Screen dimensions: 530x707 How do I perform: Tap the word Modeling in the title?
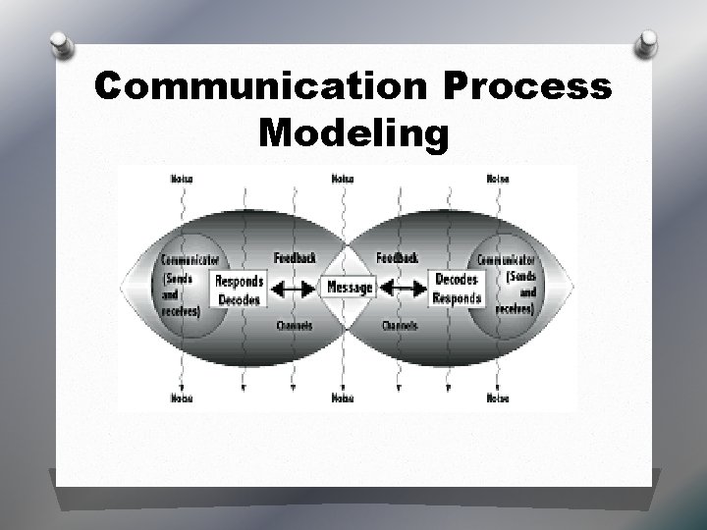pyautogui.click(x=353, y=132)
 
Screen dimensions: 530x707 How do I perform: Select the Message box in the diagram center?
pyautogui.click(x=349, y=288)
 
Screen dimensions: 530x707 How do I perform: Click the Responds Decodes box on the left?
pyautogui.click(x=238, y=289)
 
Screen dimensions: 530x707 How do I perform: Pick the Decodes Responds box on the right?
pyautogui.click(x=459, y=289)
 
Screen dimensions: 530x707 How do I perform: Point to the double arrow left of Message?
pyautogui.click(x=293, y=289)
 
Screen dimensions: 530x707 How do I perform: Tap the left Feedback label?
pyautogui.click(x=295, y=258)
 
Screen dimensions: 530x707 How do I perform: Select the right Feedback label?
pyautogui.click(x=399, y=258)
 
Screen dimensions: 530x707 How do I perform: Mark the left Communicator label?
pyautogui.click(x=184, y=260)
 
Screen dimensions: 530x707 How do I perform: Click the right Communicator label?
pyautogui.click(x=506, y=260)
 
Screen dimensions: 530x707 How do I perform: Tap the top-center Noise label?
pyautogui.click(x=343, y=179)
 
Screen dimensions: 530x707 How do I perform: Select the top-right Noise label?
pyautogui.click(x=498, y=179)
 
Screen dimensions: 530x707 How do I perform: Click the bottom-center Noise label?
pyautogui.click(x=343, y=398)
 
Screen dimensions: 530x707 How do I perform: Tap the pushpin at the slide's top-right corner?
pyautogui.click(x=647, y=43)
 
